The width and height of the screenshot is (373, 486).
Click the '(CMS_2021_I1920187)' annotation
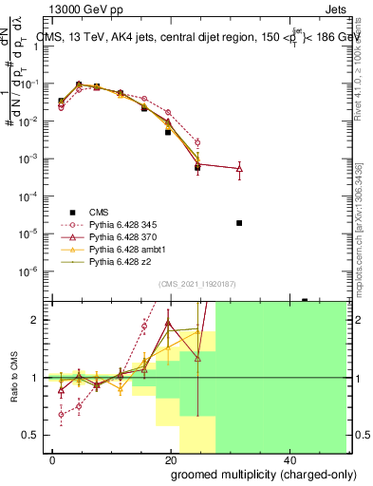[196, 284]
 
